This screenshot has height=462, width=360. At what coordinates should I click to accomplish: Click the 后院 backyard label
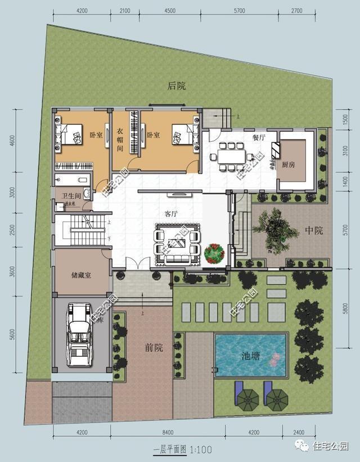(x=177, y=86)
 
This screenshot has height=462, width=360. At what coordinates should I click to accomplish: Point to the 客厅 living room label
(x=172, y=214)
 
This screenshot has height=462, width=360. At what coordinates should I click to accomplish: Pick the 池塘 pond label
(x=250, y=356)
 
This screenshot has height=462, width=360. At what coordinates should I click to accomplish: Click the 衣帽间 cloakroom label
(x=120, y=140)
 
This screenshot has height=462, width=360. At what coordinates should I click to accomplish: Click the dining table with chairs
(x=231, y=156)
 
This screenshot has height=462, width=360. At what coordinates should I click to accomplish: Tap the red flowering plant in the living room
(x=215, y=253)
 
